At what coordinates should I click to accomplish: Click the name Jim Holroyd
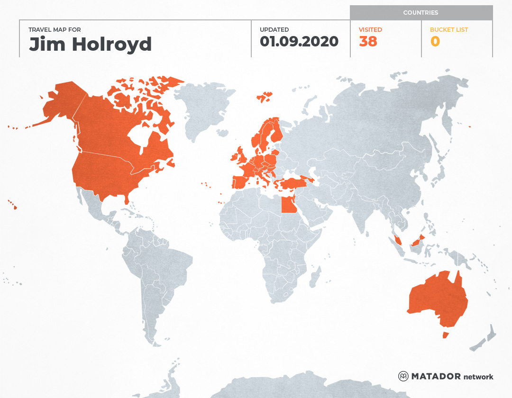coord(90,44)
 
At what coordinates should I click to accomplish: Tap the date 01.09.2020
coord(299,41)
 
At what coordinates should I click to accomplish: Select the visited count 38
coord(368,42)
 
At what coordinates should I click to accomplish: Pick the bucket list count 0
coord(435,42)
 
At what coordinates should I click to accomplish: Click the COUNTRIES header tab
coord(421,13)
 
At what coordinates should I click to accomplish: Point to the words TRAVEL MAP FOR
coord(55,30)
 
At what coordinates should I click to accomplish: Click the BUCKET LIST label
coord(448,30)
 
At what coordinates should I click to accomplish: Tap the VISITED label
coord(370,30)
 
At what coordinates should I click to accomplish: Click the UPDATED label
coord(274,30)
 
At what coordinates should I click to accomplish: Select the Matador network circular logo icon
coord(403,377)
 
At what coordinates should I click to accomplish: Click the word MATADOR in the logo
coord(436,377)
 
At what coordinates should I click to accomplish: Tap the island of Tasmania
coord(445,335)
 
